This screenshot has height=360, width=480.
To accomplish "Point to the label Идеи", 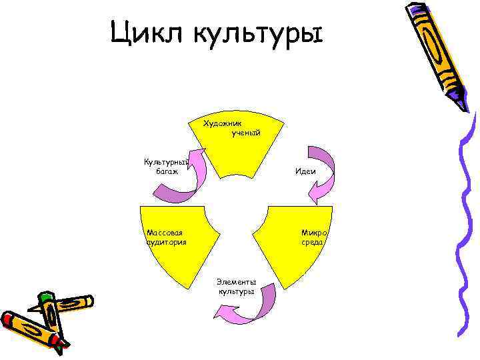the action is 305,171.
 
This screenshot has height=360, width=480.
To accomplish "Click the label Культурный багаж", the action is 166,167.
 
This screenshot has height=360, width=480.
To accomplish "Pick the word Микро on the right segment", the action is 313,233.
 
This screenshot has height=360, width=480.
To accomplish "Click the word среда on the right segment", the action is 312,243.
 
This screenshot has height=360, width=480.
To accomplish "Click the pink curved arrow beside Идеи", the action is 321,173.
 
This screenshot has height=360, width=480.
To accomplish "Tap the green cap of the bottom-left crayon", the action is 45,297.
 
